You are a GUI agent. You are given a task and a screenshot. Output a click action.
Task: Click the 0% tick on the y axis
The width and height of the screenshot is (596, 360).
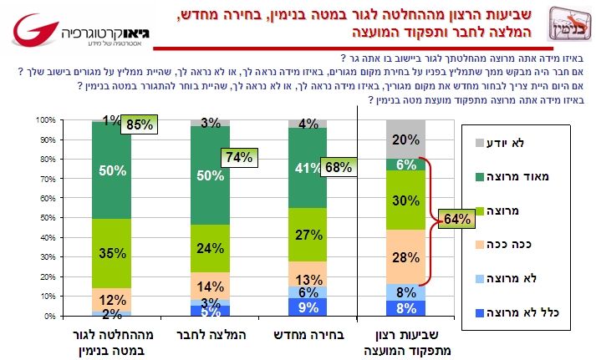(x=48, y=317)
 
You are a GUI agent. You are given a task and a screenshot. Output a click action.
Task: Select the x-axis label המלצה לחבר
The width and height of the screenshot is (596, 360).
(x=208, y=335)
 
